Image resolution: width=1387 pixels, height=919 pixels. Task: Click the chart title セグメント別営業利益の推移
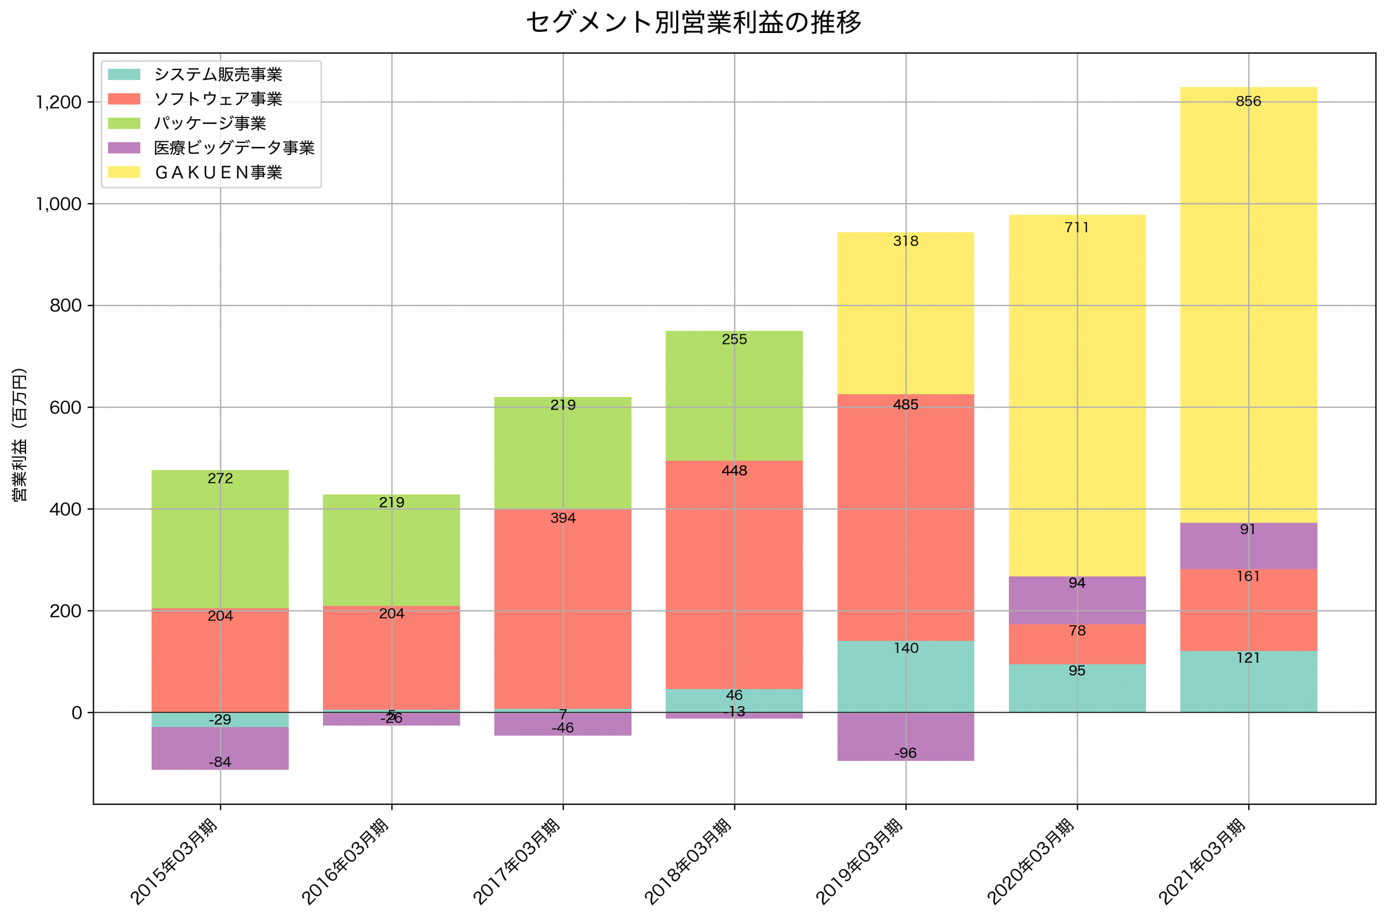[693, 23]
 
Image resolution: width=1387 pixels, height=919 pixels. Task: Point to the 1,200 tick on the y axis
[59, 102]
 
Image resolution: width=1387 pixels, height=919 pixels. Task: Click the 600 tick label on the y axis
[65, 408]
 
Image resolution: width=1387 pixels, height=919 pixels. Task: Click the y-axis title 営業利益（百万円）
[20, 435]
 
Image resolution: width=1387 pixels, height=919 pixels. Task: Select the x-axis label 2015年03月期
[174, 862]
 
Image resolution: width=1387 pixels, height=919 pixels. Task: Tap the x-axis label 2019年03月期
[859, 862]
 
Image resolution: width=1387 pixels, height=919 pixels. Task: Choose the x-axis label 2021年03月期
[1202, 862]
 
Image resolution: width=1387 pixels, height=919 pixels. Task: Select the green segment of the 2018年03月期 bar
[735, 399]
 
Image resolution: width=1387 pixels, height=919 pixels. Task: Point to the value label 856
[1248, 101]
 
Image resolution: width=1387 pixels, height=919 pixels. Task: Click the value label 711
[1077, 227]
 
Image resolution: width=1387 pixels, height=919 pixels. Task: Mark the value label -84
[221, 762]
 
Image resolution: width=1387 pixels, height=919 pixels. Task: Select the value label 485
[906, 405]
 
